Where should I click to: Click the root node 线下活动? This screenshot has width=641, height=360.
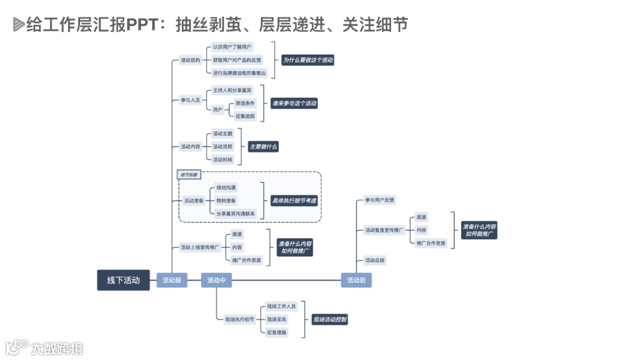coord(123,280)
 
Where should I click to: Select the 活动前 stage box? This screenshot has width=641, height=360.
coord(172,280)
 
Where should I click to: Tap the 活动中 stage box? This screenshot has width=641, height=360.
coord(216,280)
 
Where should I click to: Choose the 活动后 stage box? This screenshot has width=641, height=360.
coord(356,280)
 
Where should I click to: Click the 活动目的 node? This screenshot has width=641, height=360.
coord(191,60)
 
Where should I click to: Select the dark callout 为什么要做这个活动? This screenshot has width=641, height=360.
coord(307,60)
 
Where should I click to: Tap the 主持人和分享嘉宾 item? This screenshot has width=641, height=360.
coord(232,90)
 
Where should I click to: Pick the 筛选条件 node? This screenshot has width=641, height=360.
coord(245,103)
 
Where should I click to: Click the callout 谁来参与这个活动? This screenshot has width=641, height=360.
coord(294,103)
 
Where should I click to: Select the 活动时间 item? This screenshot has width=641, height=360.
coord(223,159)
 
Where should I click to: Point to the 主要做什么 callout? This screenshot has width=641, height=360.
coord(264,146)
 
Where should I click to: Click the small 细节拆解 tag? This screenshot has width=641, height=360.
coord(190,174)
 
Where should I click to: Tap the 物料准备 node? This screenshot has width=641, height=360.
coord(226,200)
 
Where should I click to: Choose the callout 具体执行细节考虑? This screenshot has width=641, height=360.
coord(294,200)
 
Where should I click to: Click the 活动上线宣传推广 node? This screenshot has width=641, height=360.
coord(200,247)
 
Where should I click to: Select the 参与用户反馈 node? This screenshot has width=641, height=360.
coord(380,200)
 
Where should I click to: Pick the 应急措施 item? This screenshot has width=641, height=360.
coord(277,332)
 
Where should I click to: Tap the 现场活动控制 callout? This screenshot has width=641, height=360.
coord(330,320)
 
